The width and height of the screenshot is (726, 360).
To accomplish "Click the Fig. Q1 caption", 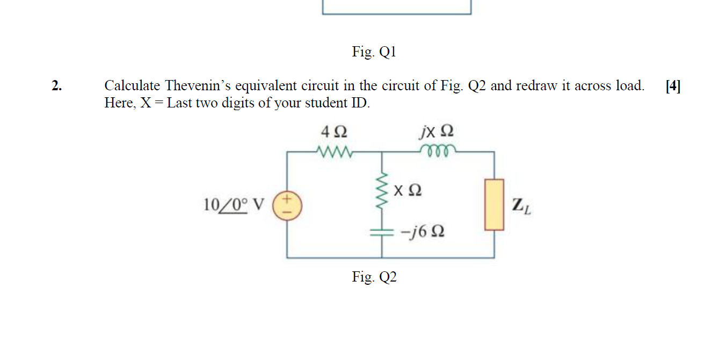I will [374, 52].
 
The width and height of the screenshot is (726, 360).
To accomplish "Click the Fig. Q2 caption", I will [374, 277].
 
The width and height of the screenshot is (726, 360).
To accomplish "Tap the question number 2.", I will [56, 86].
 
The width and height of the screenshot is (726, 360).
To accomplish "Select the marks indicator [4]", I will [672, 86].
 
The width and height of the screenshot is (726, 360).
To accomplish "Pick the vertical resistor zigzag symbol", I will [382, 191].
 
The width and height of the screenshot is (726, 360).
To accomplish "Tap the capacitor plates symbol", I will [382, 232].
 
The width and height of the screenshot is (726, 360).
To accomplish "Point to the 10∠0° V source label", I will [234, 205].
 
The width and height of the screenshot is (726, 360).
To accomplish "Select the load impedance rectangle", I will [495, 205].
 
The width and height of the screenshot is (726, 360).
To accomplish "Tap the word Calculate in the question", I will [132, 86].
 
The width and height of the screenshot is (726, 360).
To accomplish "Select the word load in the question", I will [630, 86].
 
